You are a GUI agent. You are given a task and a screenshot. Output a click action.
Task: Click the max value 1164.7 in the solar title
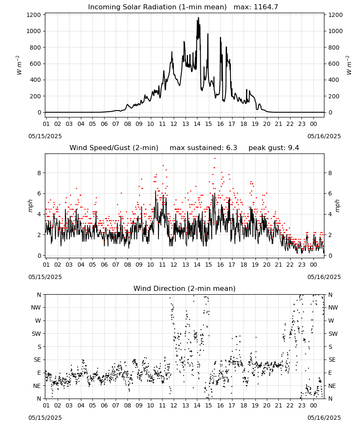[x=266, y=7]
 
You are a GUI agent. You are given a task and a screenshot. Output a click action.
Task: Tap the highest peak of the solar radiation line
[x=199, y=17]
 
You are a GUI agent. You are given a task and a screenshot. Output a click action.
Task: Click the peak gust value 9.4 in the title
[x=293, y=148]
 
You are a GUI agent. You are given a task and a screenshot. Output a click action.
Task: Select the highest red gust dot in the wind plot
[x=215, y=159]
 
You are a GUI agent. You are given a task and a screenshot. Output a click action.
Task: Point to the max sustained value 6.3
[x=231, y=148]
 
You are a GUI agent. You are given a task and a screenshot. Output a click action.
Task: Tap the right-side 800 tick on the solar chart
[x=334, y=47]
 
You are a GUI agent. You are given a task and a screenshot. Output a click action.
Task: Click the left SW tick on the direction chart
[x=36, y=334]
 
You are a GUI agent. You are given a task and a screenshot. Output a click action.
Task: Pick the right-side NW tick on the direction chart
[x=333, y=307]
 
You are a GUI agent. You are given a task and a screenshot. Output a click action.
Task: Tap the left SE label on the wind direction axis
[x=37, y=360]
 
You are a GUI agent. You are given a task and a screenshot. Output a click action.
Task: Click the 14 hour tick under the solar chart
[x=197, y=124]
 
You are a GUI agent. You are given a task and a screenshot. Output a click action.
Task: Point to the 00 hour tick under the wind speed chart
[x=313, y=265]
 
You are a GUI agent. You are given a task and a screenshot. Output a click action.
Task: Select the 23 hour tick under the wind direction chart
[x=302, y=405]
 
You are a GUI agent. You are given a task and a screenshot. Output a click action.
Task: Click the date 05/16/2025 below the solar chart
[x=324, y=136]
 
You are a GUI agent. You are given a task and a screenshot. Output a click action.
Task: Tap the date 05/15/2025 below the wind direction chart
[x=45, y=418]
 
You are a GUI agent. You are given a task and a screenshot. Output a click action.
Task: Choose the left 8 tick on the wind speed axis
[x=39, y=173]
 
